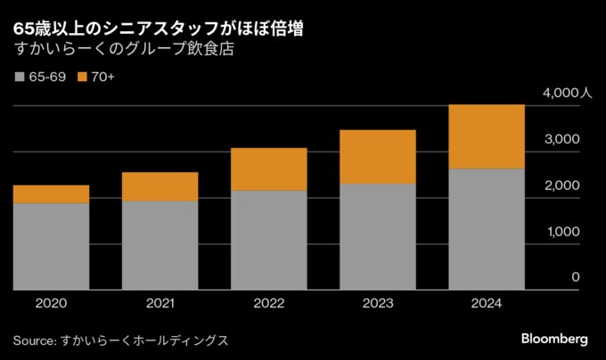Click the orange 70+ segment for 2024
487,136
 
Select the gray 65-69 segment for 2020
51,246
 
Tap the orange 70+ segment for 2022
269,169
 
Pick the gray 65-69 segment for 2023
378,236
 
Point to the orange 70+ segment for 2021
160,186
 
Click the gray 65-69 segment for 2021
160,245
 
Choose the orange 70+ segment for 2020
51,194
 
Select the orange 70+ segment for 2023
378,157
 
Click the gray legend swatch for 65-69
20,78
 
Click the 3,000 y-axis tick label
562,139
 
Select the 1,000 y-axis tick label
562,232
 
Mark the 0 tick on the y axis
575,278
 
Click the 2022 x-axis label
269,304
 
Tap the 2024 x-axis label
487,304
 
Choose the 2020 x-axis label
51,304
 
